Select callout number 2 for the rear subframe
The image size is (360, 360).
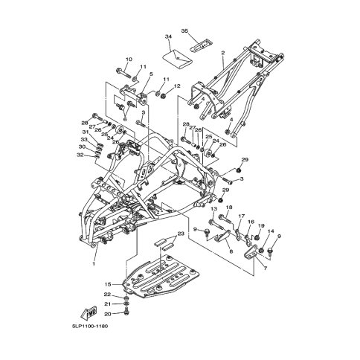pyautogui.click(x=222, y=53)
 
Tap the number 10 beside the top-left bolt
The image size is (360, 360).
pyautogui.click(x=128, y=60)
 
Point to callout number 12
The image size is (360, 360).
pyautogui.click(x=177, y=86)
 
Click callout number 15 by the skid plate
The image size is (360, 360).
pyautogui.click(x=109, y=284)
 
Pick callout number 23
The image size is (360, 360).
pyautogui.click(x=179, y=234)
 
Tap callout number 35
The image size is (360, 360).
pyautogui.click(x=184, y=32)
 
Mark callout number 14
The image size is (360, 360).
pyautogui.click(x=271, y=232)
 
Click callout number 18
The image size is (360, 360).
pyautogui.click(x=229, y=208)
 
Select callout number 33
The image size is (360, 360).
pyautogui.click(x=84, y=140)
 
